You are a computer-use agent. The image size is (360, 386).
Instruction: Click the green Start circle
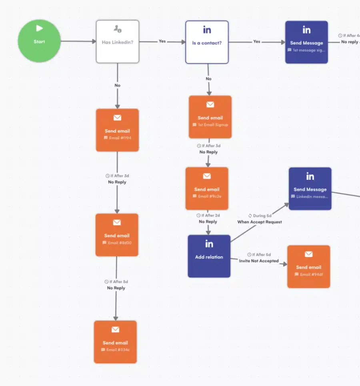(x=39, y=41)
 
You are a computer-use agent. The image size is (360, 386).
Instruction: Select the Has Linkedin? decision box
(x=117, y=42)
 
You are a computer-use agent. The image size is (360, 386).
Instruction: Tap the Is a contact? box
(x=207, y=42)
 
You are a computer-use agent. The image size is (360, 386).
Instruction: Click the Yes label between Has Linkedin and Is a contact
(x=162, y=41)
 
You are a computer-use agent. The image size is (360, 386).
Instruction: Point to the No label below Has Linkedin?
(x=117, y=85)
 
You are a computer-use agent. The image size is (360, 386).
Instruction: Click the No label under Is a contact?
(x=208, y=79)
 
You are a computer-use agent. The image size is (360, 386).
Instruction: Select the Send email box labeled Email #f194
(x=117, y=130)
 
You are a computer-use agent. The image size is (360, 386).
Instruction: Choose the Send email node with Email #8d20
(x=117, y=235)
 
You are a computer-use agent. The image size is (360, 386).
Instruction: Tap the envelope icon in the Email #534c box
(x=115, y=330)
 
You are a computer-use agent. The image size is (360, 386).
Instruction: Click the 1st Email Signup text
(x=213, y=125)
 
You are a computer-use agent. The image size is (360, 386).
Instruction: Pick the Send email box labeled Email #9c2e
(x=207, y=189)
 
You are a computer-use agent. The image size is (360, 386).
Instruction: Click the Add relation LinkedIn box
(x=209, y=256)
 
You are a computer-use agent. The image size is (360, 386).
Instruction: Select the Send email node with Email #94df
(x=308, y=267)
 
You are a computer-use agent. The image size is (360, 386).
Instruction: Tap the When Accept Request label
(x=260, y=222)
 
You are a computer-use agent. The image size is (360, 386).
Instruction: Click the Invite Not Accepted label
(x=259, y=261)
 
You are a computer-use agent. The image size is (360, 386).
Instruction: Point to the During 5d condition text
(x=262, y=215)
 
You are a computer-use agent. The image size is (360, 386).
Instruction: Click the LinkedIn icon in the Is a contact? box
(x=207, y=30)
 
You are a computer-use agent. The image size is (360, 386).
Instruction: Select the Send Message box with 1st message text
(x=306, y=42)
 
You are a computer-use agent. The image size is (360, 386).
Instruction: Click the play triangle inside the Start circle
(x=39, y=28)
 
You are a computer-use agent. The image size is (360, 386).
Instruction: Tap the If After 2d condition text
(x=210, y=215)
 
